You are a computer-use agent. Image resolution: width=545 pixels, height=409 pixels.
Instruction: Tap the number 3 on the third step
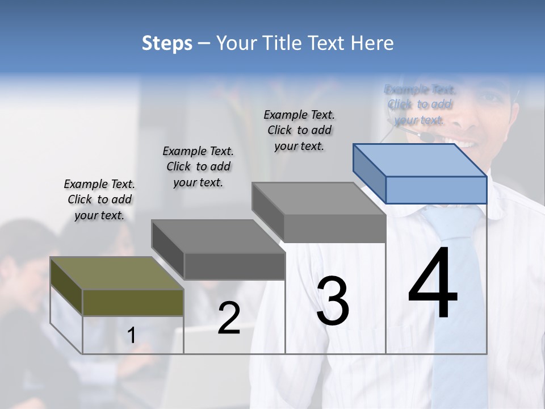333,301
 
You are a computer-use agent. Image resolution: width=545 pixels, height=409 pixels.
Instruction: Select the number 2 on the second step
229,318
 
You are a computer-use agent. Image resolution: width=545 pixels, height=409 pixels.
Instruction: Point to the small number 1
131,336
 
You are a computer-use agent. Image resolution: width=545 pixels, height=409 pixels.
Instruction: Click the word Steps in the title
167,43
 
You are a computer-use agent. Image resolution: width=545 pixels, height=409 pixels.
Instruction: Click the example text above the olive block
99,199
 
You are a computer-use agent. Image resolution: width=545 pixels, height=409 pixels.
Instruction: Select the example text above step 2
198,166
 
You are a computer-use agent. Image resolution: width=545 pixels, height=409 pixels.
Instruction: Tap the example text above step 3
299,130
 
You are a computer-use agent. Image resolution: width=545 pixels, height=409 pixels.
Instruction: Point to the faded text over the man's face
420,105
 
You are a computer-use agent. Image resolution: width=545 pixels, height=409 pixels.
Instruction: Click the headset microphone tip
426,137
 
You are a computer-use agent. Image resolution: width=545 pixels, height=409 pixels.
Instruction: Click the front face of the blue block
436,190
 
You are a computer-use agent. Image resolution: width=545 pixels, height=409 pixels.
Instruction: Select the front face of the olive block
133,302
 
